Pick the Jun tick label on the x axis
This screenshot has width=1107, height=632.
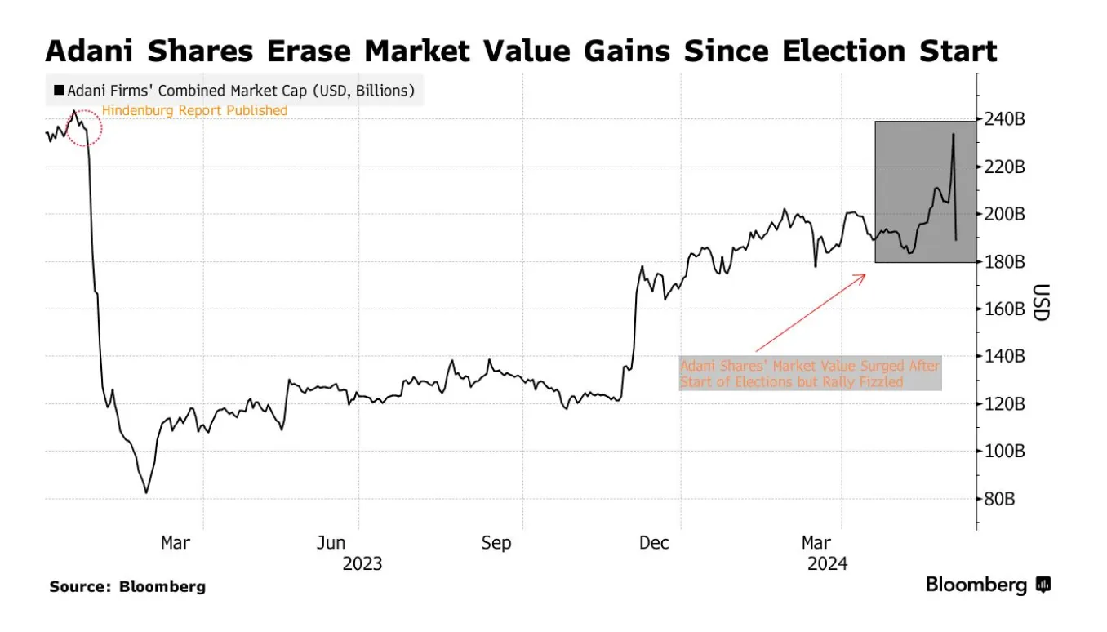tap(331, 543)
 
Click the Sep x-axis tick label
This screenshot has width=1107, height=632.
tap(495, 543)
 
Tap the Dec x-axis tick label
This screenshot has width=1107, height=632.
tap(654, 543)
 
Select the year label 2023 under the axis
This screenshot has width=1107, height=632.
tap(362, 563)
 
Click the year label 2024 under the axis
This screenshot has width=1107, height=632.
tap(828, 563)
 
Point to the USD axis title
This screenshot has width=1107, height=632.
tap(1040, 302)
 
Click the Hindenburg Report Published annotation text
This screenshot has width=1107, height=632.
tap(194, 110)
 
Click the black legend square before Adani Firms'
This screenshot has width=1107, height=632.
tap(59, 91)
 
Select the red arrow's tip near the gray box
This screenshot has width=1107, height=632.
tap(865, 274)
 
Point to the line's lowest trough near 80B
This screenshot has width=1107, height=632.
tap(146, 492)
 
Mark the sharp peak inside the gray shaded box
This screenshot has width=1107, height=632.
tap(953, 135)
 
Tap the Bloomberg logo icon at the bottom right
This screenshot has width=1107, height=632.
tap(1043, 585)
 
